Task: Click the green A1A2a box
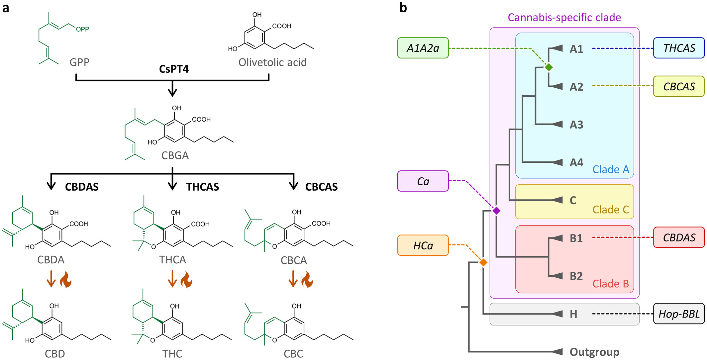(x=423, y=48)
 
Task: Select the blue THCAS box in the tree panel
(x=679, y=48)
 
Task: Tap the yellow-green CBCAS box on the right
(x=679, y=86)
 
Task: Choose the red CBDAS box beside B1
(x=679, y=237)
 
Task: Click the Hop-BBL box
(x=679, y=314)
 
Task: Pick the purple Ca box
(x=423, y=181)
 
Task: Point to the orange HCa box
(x=423, y=245)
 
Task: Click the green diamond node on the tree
(x=549, y=67)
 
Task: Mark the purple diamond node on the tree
(x=496, y=211)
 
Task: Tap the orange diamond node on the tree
(x=483, y=262)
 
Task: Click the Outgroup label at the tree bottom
(x=594, y=352)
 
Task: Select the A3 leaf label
(x=576, y=125)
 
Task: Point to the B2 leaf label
(x=576, y=276)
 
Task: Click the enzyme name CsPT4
(x=174, y=69)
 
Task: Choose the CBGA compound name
(x=175, y=155)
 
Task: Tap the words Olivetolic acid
(x=272, y=62)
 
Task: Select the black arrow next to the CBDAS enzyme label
(x=51, y=182)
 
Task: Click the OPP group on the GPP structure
(x=82, y=29)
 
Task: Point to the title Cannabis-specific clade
(x=564, y=17)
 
